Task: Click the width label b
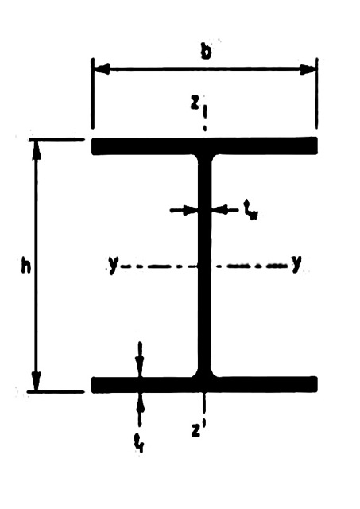click(206, 51)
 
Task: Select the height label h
click(25, 264)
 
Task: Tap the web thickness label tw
click(250, 210)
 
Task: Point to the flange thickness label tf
click(139, 443)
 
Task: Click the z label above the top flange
click(194, 103)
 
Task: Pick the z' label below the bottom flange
click(198, 429)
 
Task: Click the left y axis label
click(113, 265)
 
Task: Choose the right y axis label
click(296, 263)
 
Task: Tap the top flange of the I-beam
click(205, 146)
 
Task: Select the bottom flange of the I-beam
click(204, 385)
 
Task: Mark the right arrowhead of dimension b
click(307, 69)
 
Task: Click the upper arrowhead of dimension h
click(37, 150)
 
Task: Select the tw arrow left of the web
click(184, 210)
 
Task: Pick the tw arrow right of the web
click(224, 210)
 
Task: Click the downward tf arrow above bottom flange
click(140, 359)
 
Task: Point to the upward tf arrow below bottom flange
click(140, 410)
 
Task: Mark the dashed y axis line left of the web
click(158, 266)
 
